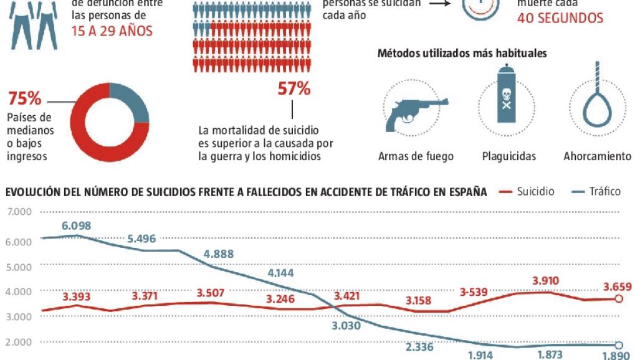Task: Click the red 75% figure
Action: point(25,98)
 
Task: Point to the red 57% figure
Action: point(294,89)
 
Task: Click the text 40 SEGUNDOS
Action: point(560,18)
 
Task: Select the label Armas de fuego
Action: point(416,156)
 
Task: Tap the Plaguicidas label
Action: point(509,156)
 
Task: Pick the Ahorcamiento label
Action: point(597,156)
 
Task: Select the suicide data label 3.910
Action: point(546,281)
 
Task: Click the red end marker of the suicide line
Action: point(618,299)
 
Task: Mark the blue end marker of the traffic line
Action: point(618,346)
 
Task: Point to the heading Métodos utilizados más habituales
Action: point(462,54)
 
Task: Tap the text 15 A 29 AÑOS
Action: point(112,31)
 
